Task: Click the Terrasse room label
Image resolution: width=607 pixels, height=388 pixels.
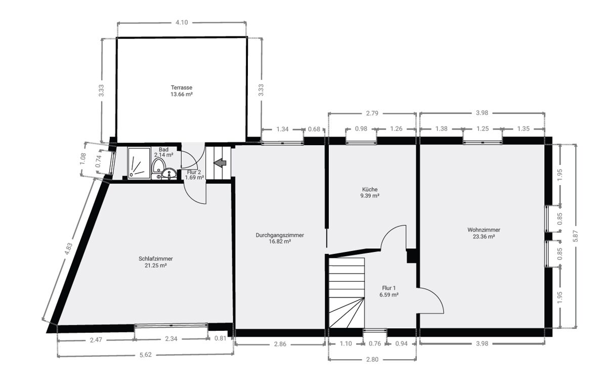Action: click(x=182, y=88)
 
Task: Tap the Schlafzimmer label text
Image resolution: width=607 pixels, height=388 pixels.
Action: click(x=156, y=259)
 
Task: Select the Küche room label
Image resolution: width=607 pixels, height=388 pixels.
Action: click(x=370, y=189)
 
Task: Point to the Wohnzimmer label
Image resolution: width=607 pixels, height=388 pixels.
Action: click(x=484, y=230)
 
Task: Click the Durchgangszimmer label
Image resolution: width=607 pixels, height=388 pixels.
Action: click(x=280, y=235)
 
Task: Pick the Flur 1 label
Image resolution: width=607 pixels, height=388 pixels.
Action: click(x=389, y=288)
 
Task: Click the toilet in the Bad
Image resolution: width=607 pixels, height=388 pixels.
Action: click(x=158, y=165)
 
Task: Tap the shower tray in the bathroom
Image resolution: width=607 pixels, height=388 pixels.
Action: click(x=139, y=163)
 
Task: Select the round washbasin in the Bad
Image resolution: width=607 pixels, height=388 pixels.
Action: click(x=169, y=173)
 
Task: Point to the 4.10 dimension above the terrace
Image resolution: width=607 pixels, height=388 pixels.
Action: click(x=182, y=22)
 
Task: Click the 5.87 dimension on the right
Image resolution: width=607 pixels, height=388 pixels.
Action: click(x=576, y=236)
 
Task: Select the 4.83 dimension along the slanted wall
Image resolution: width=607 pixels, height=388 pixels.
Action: click(x=68, y=249)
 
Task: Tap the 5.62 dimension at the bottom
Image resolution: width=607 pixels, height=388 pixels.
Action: click(x=146, y=355)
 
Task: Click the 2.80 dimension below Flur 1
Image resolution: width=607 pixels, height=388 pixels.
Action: click(x=372, y=360)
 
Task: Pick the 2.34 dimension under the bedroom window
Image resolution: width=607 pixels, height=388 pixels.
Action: click(x=171, y=339)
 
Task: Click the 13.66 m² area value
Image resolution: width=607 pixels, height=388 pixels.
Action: click(x=182, y=94)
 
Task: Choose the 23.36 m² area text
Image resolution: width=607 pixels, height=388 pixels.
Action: click(x=484, y=237)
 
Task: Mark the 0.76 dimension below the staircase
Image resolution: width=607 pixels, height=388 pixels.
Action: click(x=375, y=344)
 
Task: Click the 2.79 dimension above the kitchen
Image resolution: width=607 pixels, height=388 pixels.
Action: click(x=372, y=113)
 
